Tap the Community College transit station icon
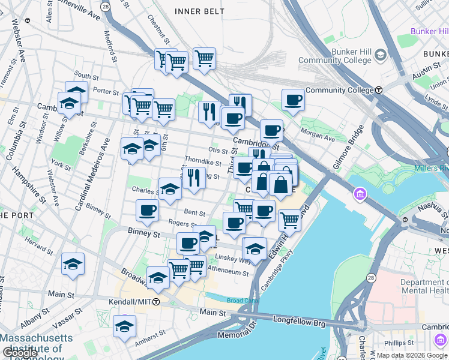379,90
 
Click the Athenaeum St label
228,272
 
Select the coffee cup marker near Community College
293,99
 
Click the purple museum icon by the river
360,194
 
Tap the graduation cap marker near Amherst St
124,326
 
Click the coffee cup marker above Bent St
147,209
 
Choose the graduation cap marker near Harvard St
73,263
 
